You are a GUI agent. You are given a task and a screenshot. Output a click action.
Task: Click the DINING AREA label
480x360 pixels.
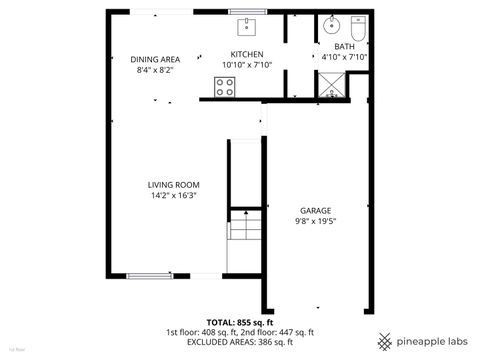155,59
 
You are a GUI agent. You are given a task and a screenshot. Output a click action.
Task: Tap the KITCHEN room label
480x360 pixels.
246,54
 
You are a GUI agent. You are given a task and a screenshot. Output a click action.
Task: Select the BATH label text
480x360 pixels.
344,46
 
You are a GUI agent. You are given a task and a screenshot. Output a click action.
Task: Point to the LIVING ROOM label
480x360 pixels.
174,185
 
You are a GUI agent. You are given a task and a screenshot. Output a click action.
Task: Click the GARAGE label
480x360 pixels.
315,210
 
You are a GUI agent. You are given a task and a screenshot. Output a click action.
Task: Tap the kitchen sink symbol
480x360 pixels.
247,25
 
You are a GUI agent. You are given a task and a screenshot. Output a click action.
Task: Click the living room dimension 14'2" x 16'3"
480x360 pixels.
174,196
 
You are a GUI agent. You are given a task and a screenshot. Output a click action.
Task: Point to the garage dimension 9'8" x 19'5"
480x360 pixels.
315,222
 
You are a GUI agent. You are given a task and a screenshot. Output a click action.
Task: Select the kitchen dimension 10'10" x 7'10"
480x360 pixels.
246,65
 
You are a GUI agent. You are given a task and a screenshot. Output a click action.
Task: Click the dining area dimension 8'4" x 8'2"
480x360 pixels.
155,70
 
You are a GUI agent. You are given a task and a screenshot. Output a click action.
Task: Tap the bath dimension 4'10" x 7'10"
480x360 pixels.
345,57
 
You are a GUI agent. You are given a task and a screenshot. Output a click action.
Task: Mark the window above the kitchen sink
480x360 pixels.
247,11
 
